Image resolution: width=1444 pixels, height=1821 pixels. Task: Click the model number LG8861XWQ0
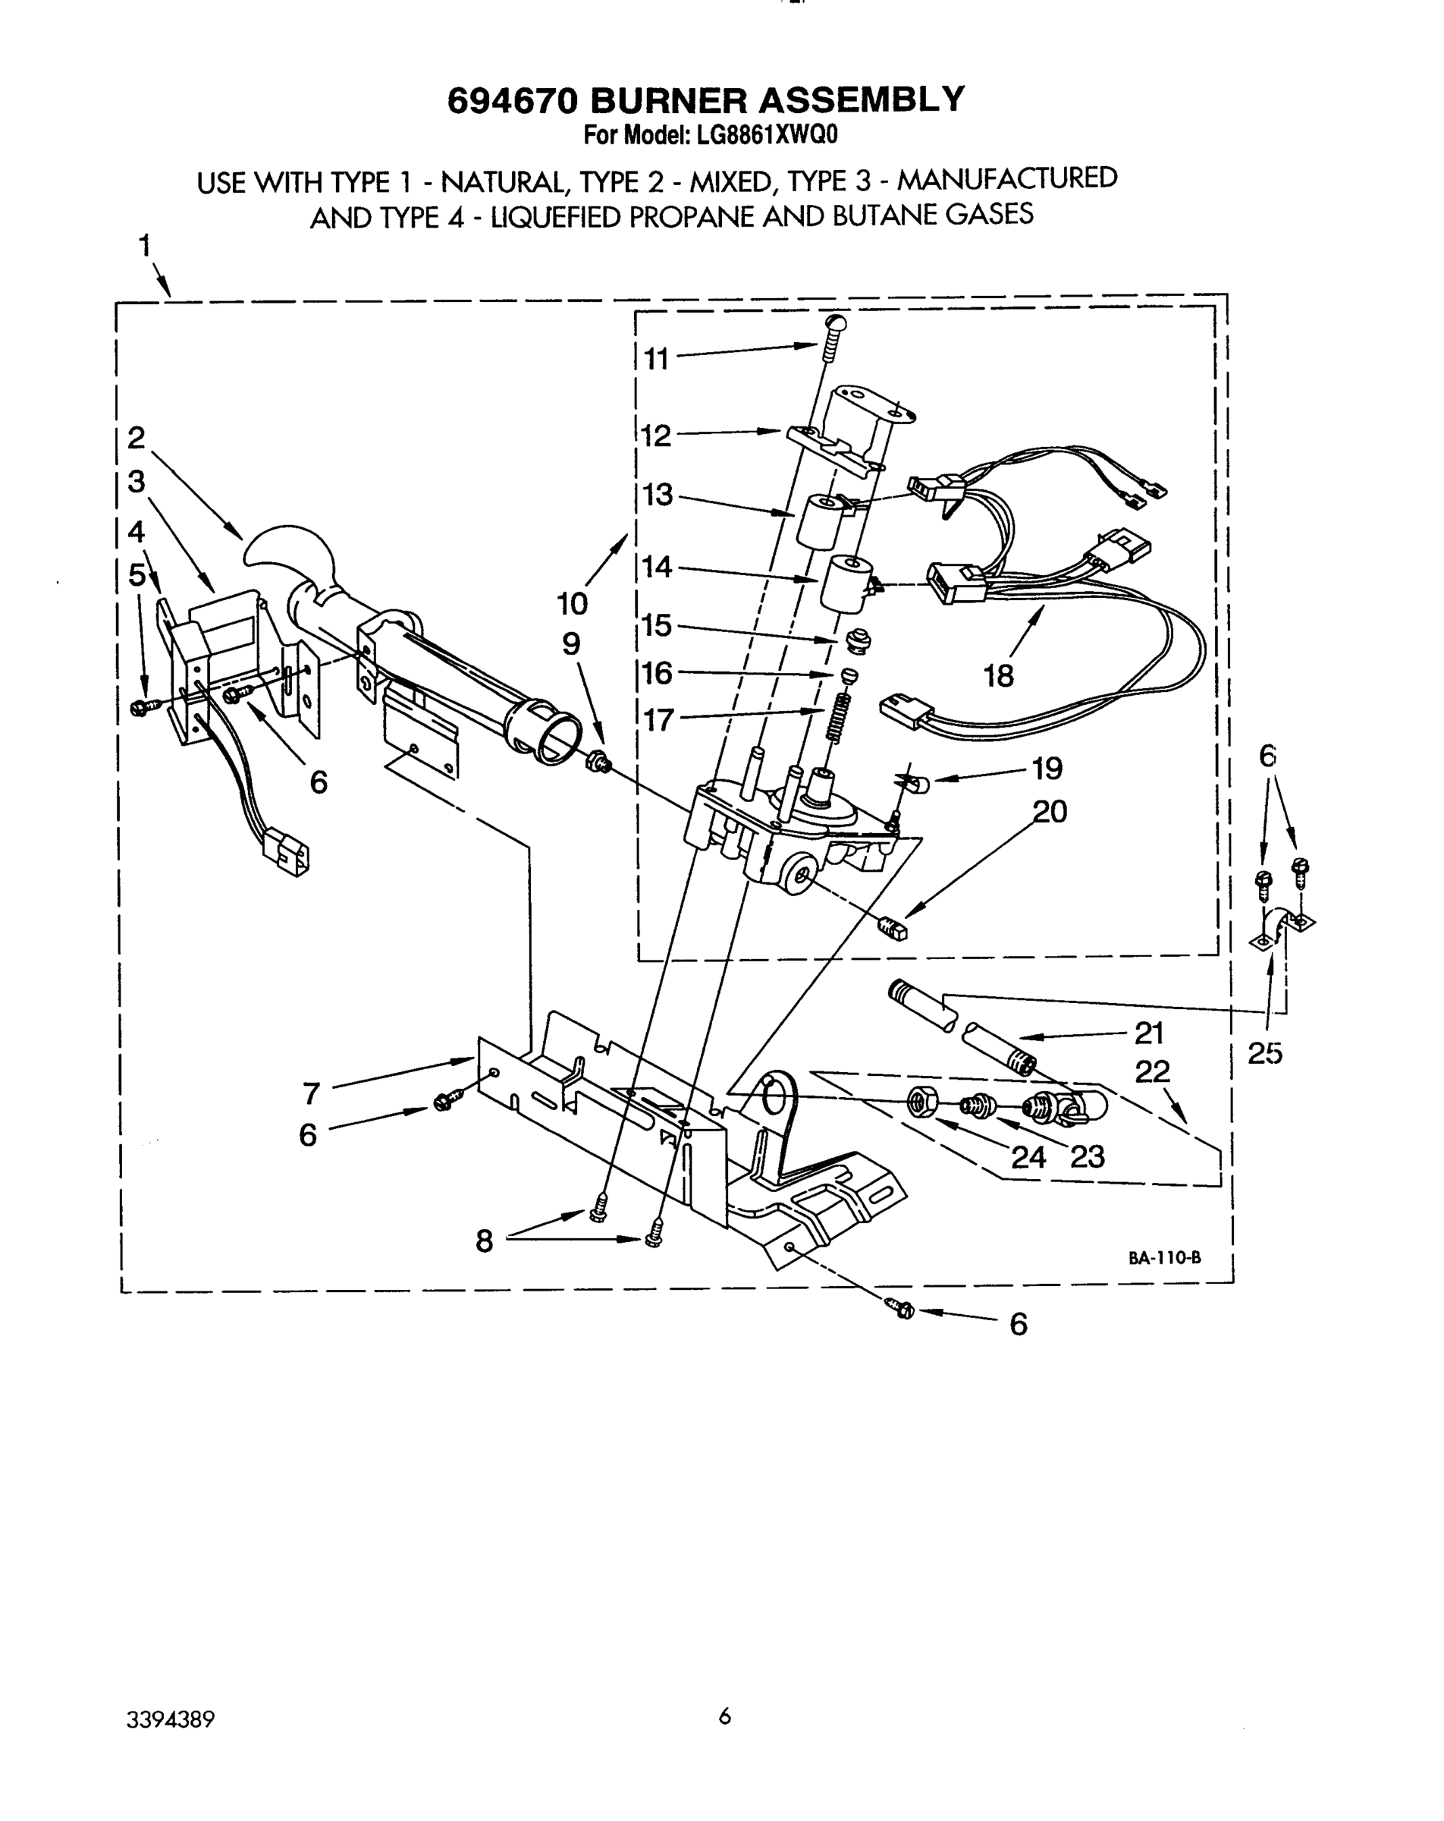(766, 135)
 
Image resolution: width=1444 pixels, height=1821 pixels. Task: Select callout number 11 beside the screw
(656, 360)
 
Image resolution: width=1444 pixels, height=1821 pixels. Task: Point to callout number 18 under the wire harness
(997, 676)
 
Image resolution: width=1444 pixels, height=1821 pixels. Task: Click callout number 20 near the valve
(1050, 812)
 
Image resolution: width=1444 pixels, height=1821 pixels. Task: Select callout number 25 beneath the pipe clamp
(1264, 1053)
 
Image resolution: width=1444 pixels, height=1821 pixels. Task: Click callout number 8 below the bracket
(484, 1241)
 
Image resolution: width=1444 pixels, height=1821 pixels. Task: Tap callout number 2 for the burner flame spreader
(136, 438)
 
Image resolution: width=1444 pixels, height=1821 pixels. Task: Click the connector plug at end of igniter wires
(287, 851)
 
